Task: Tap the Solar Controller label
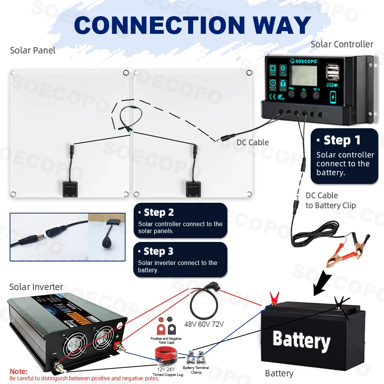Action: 342,44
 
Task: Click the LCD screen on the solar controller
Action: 304,76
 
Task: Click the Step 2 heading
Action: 159,212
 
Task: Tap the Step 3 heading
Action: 158,252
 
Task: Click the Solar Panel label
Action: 33,50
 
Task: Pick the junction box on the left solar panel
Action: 70,188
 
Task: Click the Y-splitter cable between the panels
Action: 128,117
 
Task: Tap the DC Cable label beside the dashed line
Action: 252,142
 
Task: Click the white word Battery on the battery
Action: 301,341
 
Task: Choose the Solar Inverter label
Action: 36,287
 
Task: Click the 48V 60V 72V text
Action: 204,324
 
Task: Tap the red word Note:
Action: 19,371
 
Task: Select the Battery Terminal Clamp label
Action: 196,370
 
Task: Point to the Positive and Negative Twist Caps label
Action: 166,340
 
